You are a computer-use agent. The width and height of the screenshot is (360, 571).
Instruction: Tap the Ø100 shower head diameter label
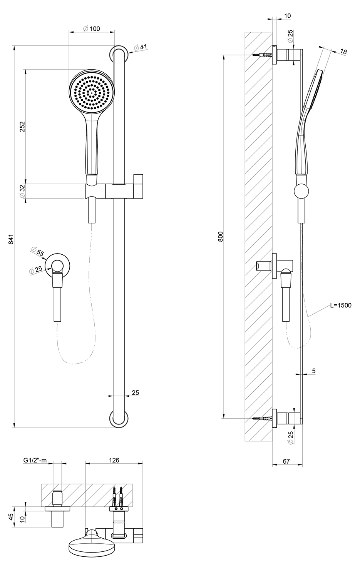[x=92, y=28]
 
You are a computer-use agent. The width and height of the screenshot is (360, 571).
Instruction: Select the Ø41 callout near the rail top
[x=140, y=47]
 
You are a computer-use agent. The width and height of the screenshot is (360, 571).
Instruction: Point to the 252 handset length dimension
[x=23, y=127]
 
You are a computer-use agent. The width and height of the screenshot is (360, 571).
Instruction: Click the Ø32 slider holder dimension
[x=22, y=191]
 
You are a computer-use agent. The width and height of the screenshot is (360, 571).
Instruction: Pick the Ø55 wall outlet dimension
[x=37, y=252]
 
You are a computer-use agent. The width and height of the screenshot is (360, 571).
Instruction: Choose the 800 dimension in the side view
[x=221, y=237]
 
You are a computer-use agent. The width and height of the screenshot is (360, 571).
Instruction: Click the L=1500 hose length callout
[x=341, y=305]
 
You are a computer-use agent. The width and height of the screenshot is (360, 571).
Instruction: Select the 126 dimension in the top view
[x=114, y=460]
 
